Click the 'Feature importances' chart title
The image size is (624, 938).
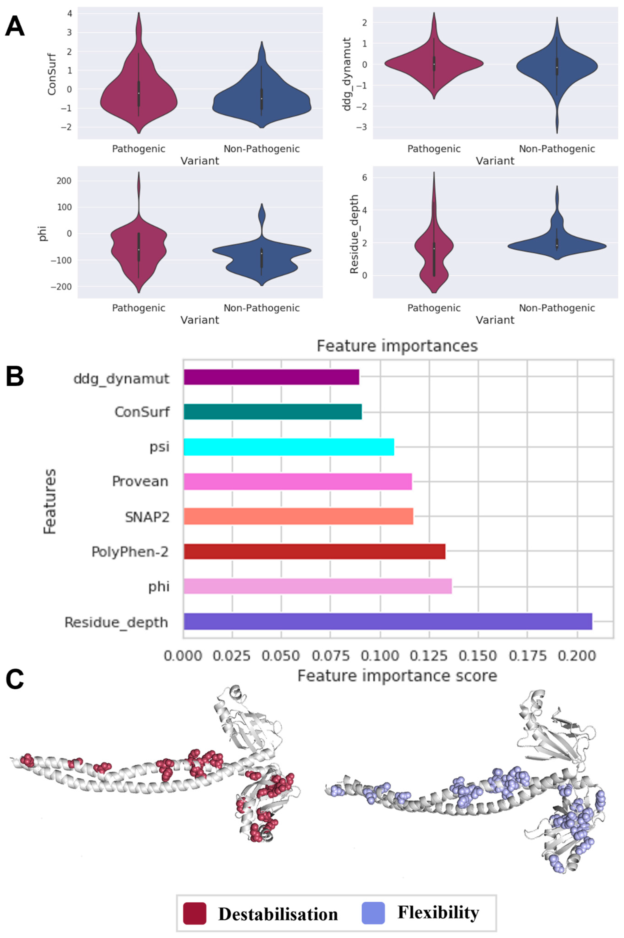[x=397, y=346]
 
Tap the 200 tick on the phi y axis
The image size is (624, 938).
[x=63, y=181]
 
